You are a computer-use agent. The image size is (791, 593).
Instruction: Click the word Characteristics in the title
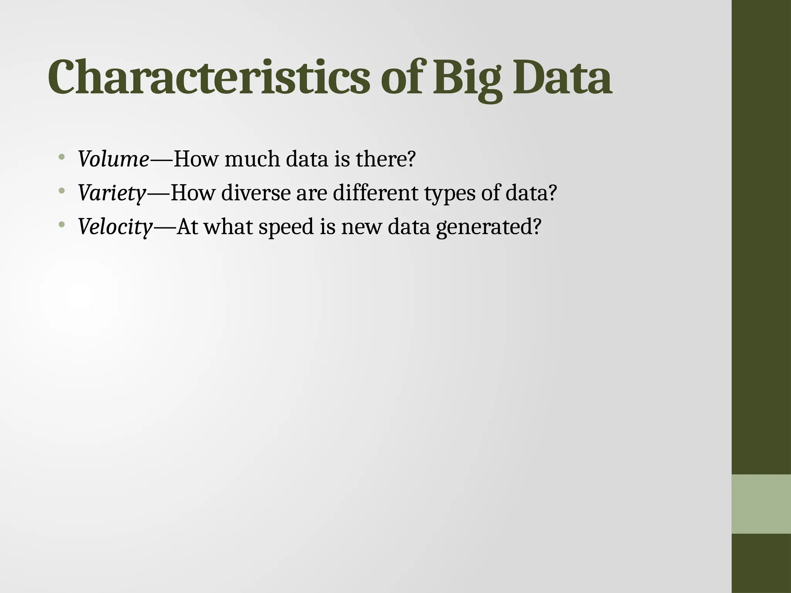pos(209,77)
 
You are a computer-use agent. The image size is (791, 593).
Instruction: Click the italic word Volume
pos(113,159)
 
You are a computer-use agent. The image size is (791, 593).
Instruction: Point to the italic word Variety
pos(112,193)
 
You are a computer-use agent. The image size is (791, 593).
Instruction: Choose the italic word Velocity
pos(115,227)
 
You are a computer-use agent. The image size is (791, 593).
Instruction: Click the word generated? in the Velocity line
pos(489,227)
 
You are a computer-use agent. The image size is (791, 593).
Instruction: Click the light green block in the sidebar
pos(761,504)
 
